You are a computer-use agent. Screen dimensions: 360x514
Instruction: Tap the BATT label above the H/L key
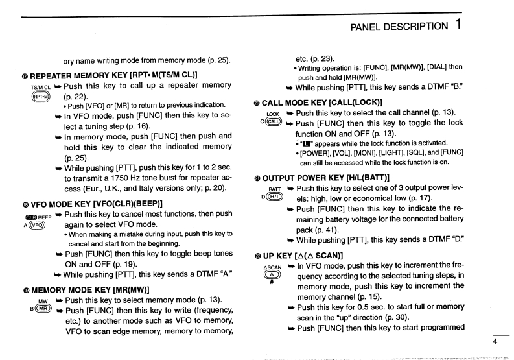coord(273,188)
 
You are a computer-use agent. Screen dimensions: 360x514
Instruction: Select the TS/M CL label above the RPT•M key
coord(40,86)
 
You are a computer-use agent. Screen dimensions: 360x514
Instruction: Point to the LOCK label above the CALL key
coord(273,114)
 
